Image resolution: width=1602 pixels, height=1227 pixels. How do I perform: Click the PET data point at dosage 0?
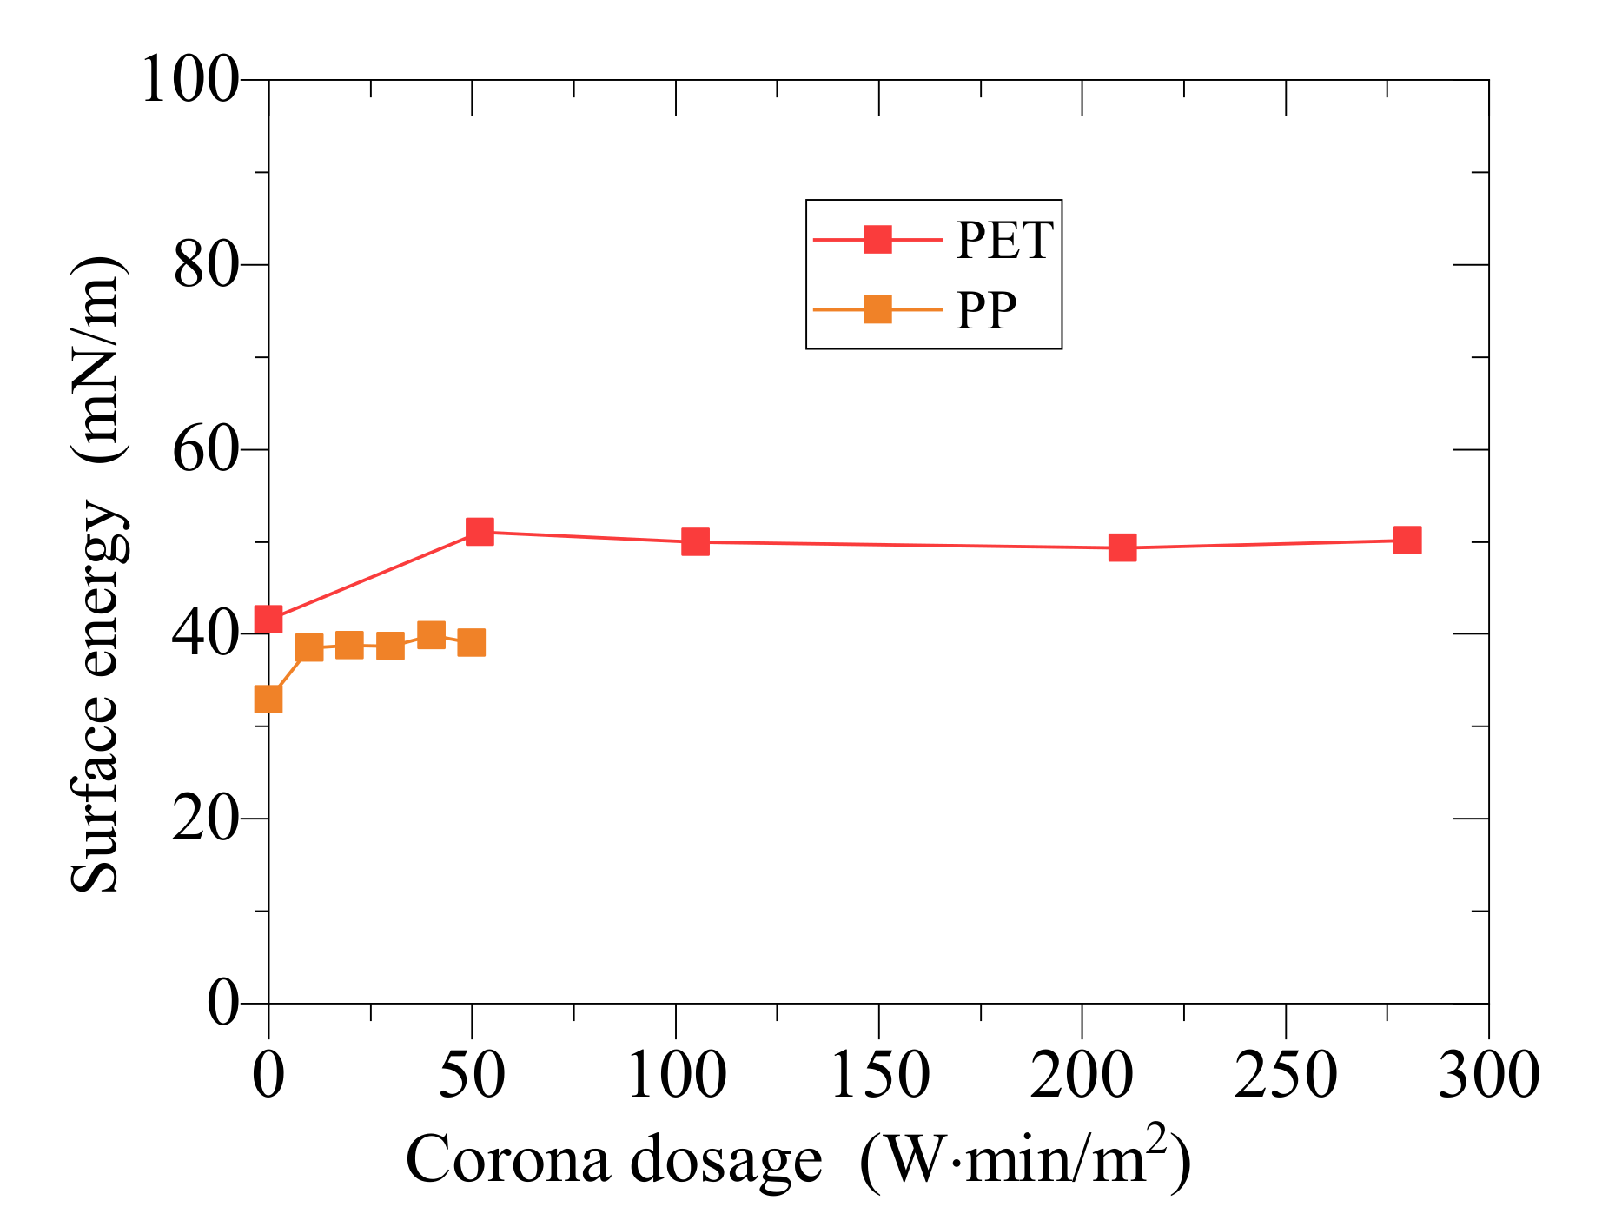[268, 620]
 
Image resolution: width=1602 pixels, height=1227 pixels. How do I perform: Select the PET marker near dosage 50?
[480, 531]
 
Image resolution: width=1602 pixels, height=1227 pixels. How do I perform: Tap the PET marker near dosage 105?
[695, 541]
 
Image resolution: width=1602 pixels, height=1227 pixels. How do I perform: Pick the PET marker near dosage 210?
[1122, 547]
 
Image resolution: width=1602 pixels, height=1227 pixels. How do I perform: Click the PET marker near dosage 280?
[1407, 540]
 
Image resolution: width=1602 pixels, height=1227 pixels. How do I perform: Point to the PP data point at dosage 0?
[268, 699]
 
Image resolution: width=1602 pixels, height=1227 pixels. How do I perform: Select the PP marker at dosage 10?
[309, 647]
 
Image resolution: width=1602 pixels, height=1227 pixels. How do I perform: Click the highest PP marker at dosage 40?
[431, 634]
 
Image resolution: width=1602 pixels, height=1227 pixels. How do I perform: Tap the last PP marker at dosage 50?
[471, 643]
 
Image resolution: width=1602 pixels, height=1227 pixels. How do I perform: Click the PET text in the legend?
[1004, 241]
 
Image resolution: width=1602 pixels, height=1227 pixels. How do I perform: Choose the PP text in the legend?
[986, 310]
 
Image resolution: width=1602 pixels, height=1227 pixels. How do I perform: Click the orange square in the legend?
[877, 309]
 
